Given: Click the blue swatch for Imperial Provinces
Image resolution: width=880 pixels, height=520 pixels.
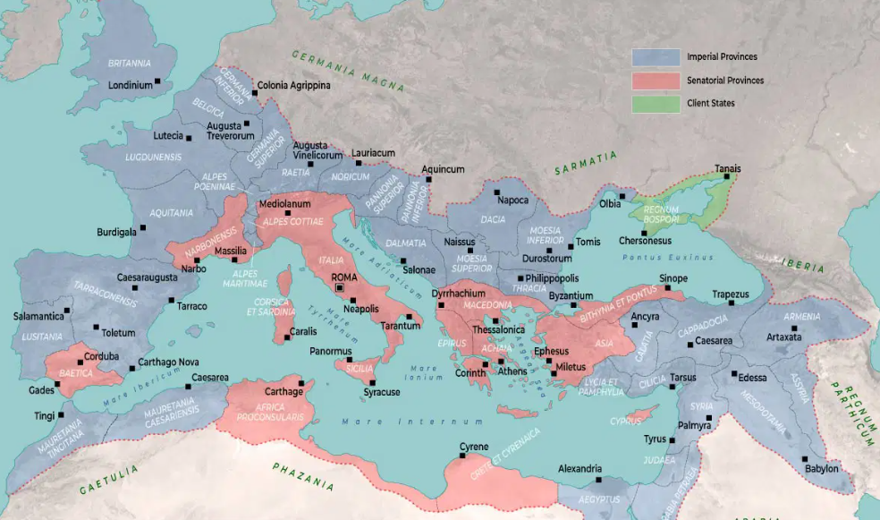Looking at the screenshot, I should pyautogui.click(x=656, y=57).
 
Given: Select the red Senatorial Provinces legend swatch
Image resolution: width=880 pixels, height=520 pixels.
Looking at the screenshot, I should pyautogui.click(x=656, y=81).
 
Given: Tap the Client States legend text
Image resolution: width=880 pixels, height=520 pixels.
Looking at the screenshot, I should pyautogui.click(x=711, y=104).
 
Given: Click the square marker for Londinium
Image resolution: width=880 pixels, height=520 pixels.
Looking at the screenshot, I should pyautogui.click(x=157, y=81).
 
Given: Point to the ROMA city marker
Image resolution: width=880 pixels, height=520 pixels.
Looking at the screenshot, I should pyautogui.click(x=339, y=289).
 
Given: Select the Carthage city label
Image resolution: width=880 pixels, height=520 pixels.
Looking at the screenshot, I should pyautogui.click(x=284, y=392).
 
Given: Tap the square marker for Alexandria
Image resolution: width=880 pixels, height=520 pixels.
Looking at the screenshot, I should pyautogui.click(x=599, y=480).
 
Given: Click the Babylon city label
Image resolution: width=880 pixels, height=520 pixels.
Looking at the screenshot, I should pyautogui.click(x=821, y=468).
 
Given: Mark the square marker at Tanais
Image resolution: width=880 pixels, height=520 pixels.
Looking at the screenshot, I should pyautogui.click(x=726, y=177).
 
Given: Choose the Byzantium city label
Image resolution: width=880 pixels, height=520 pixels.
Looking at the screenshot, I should pyautogui.click(x=571, y=296).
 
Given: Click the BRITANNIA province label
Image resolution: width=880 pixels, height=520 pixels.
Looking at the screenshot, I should pyautogui.click(x=129, y=64).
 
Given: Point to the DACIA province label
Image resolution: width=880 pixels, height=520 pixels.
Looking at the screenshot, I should pyautogui.click(x=493, y=219).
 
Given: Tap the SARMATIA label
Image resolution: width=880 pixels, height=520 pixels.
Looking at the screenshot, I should pyautogui.click(x=586, y=162).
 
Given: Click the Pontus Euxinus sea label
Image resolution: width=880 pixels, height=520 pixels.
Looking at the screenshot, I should pyautogui.click(x=658, y=258).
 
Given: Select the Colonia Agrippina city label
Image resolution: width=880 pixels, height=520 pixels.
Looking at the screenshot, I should pyautogui.click(x=293, y=86).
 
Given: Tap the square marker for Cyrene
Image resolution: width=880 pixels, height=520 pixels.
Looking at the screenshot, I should pyautogui.click(x=462, y=456).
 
